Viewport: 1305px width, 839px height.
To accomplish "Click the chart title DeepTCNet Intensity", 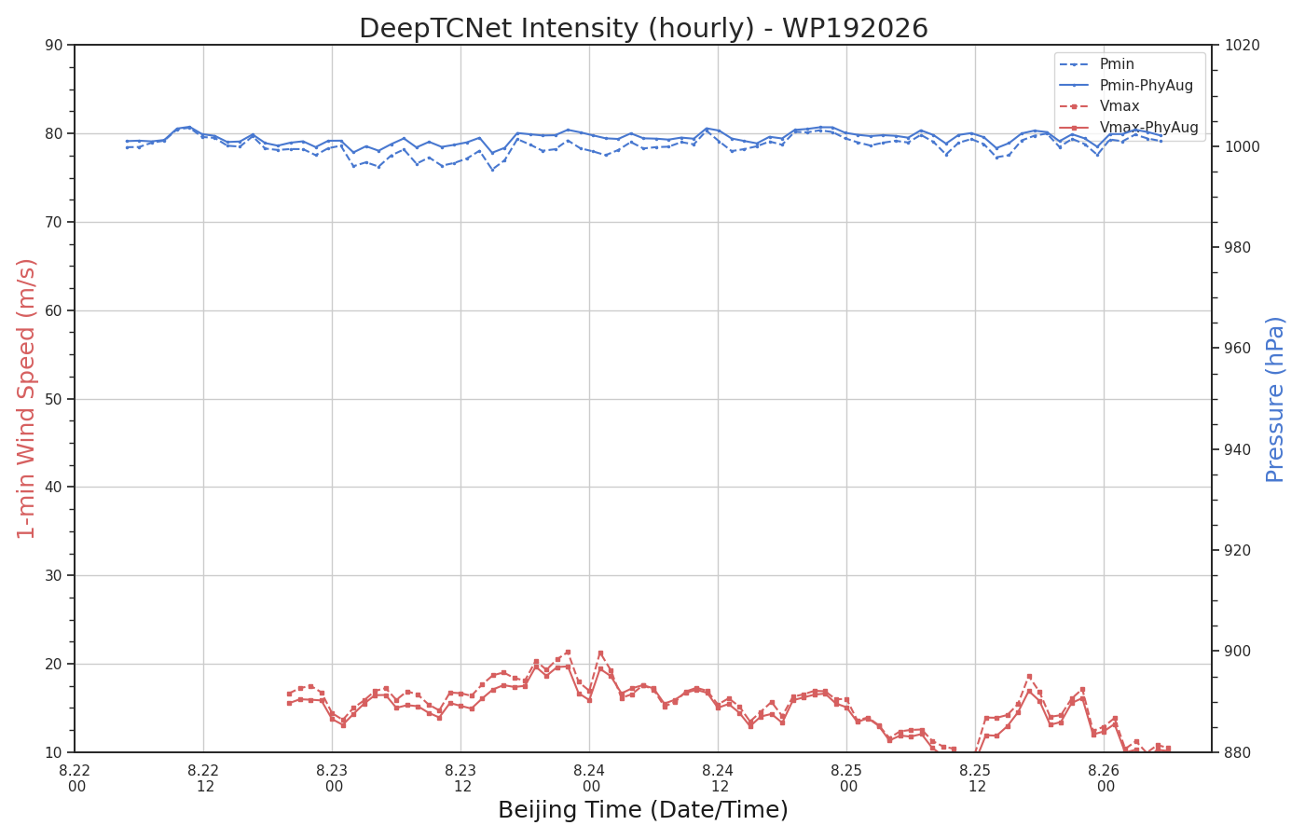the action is click(643, 28).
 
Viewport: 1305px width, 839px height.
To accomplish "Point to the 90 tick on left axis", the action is click(54, 45).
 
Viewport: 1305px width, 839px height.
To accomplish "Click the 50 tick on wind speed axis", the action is click(54, 399).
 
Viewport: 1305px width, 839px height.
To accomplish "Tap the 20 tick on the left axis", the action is click(54, 664).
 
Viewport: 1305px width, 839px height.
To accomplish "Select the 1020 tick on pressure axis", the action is click(1242, 45).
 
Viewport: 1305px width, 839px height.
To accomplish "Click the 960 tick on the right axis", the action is click(1237, 349).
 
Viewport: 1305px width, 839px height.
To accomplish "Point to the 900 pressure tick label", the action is click(1237, 652).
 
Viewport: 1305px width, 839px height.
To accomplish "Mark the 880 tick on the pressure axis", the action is click(1237, 752).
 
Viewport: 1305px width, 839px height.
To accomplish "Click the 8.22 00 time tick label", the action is click(76, 778).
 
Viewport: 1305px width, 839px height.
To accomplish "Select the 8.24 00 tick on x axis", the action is click(589, 778).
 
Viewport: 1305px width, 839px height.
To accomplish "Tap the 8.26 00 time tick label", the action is click(1104, 778).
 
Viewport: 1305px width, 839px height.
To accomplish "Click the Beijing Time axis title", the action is click(643, 810).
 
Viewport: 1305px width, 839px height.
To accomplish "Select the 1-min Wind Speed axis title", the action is click(26, 399).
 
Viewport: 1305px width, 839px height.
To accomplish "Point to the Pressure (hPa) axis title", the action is click(1275, 399).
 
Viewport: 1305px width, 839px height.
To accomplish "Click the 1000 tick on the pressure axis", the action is click(1242, 146).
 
